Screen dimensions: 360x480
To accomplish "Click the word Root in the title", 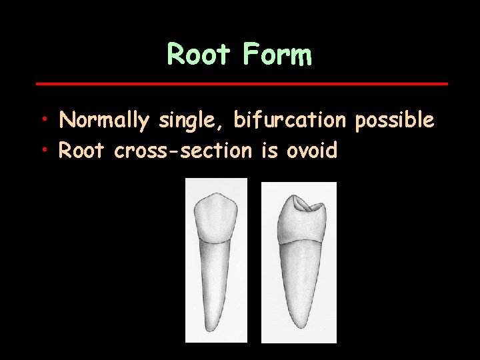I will click(197, 54).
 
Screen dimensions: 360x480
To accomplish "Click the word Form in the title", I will click(278, 54).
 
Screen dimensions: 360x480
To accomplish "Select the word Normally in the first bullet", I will click(104, 121).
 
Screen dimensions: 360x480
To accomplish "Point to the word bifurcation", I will click(290, 120).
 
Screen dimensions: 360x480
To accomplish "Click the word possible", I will click(395, 121).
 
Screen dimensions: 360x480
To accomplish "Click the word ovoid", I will click(312, 151).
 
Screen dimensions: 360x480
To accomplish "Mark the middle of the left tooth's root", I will click(216, 287).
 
